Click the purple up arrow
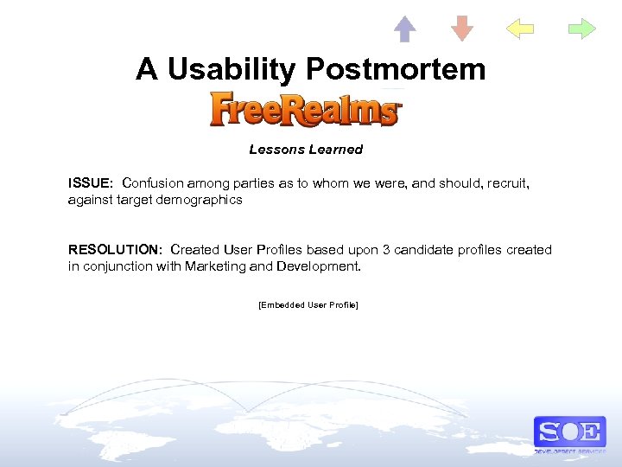404,29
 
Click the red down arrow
462,29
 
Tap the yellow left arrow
520,29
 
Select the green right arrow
582,29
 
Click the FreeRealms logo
306,110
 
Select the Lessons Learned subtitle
306,150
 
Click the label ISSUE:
91,183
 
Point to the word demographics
200,200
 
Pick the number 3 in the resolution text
386,250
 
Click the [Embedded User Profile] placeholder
308,305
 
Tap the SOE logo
569,432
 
